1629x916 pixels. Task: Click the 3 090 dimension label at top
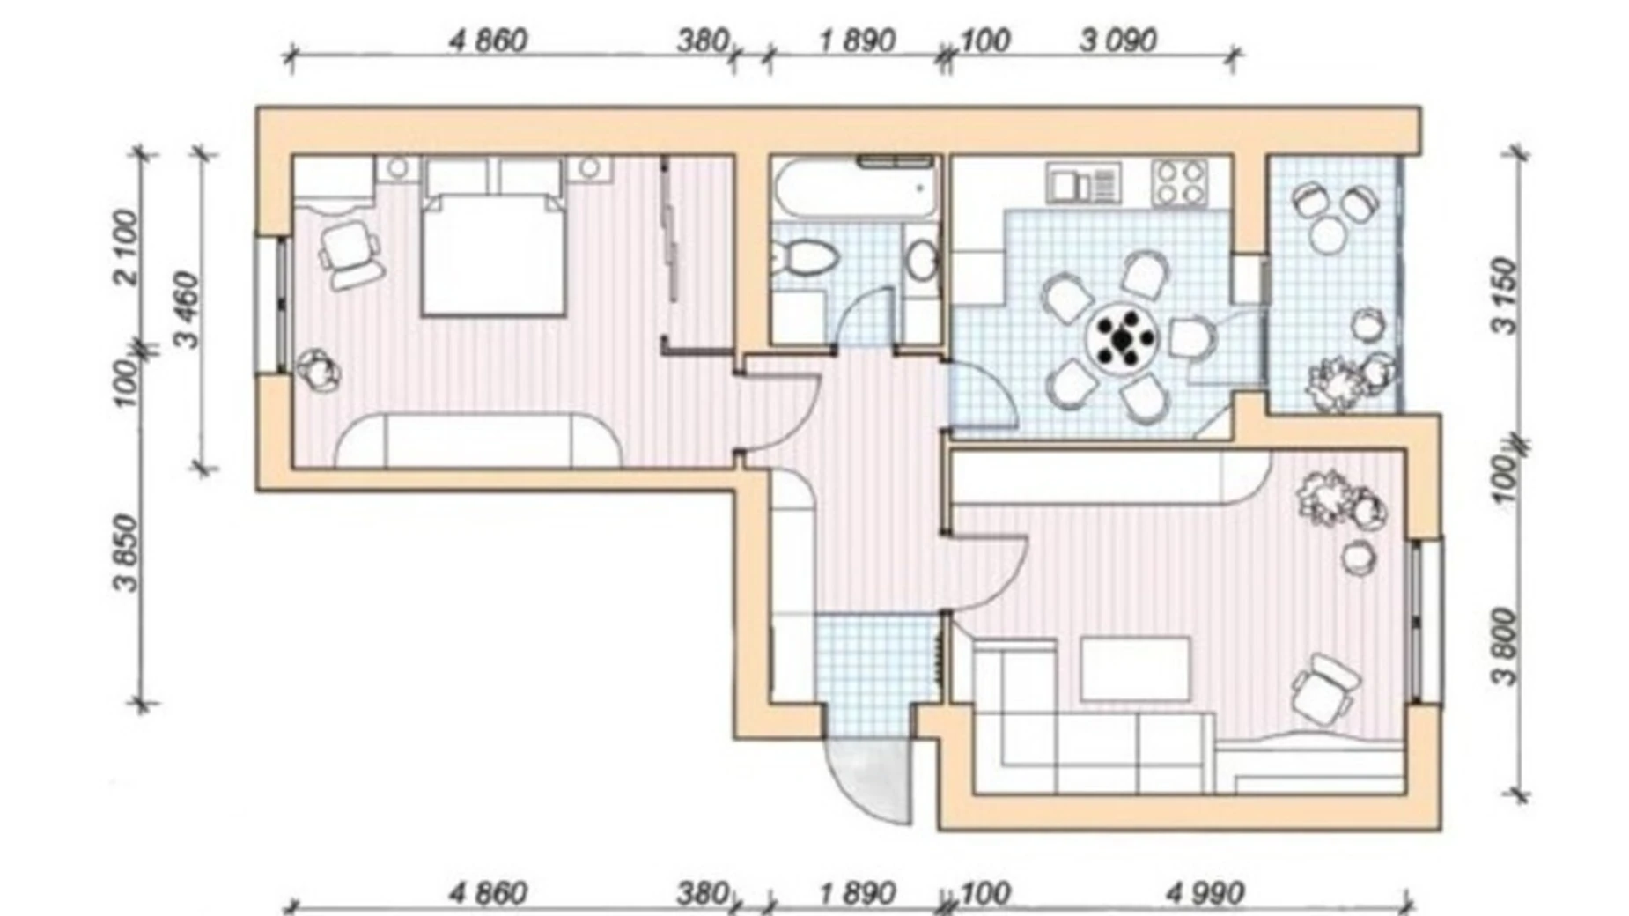(x=1117, y=41)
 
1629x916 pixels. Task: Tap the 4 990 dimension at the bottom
(x=1205, y=894)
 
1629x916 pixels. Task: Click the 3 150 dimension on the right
(x=1507, y=296)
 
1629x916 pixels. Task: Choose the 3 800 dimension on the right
(x=1507, y=646)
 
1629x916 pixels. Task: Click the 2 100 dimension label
(x=126, y=247)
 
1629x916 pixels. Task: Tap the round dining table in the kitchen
(x=1123, y=336)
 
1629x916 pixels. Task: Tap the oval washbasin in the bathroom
(x=922, y=261)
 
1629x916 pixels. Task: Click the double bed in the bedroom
(x=493, y=237)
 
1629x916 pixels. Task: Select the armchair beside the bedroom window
(x=351, y=255)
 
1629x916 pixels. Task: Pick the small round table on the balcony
(x=1328, y=234)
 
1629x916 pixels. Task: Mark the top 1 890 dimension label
(x=857, y=41)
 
